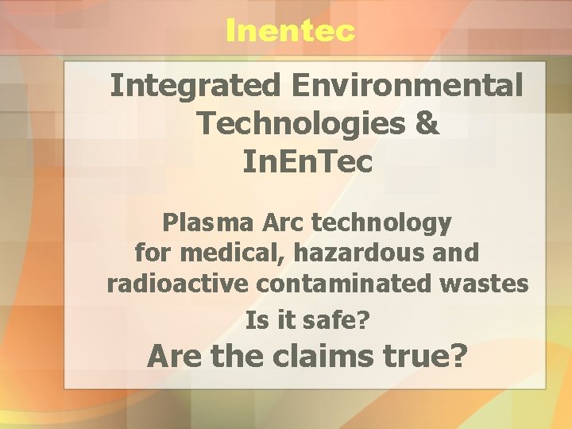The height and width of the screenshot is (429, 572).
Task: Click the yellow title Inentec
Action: coord(290,30)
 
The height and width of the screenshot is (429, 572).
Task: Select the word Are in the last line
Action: coord(174,356)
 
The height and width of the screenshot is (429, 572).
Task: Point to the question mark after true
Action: coord(458,356)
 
